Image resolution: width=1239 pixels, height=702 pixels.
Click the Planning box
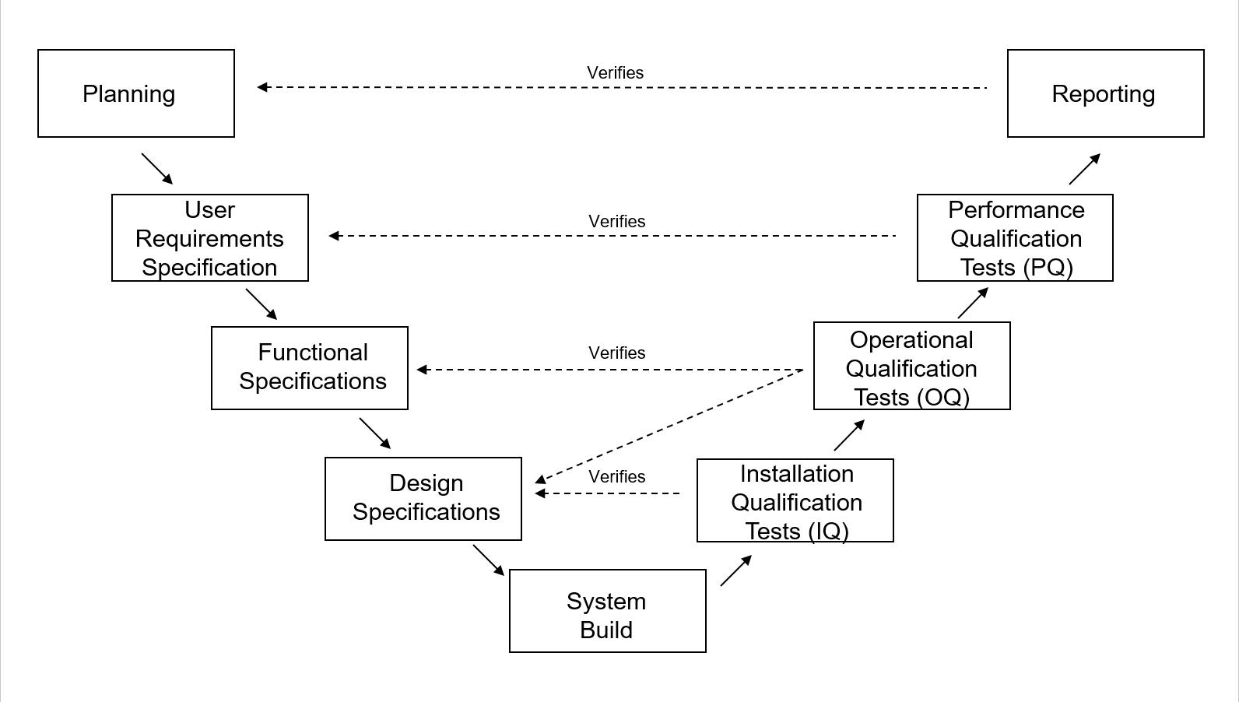tap(136, 93)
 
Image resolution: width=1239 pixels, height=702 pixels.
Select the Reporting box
tap(1105, 93)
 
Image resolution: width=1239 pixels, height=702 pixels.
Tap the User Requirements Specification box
tap(210, 238)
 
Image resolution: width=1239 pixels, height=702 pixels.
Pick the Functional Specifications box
tap(310, 367)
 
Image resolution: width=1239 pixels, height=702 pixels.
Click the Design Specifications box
tap(423, 498)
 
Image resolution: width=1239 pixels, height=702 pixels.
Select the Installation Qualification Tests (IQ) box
tap(795, 500)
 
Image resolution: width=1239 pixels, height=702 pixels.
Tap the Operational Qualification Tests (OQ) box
tap(911, 366)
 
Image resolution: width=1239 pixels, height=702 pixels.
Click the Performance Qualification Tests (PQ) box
tap(1015, 238)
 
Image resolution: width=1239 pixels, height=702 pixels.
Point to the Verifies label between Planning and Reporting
tap(615, 72)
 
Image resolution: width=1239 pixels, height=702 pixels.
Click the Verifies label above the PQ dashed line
tap(616, 221)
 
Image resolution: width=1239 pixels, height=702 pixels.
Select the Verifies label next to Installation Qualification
tap(616, 476)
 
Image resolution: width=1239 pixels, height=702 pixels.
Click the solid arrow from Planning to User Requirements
tap(156, 168)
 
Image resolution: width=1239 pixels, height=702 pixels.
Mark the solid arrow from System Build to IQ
tap(735, 570)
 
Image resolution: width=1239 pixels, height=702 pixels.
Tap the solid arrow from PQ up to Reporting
tap(1084, 169)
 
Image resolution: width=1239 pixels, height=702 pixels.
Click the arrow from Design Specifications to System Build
tap(488, 560)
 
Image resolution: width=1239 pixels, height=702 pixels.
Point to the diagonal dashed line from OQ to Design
tap(669, 425)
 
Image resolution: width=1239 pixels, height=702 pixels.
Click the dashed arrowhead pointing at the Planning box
tap(263, 87)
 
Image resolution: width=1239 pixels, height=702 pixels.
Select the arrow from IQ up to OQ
tap(848, 435)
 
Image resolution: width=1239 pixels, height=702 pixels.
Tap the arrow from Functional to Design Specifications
tap(374, 433)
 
